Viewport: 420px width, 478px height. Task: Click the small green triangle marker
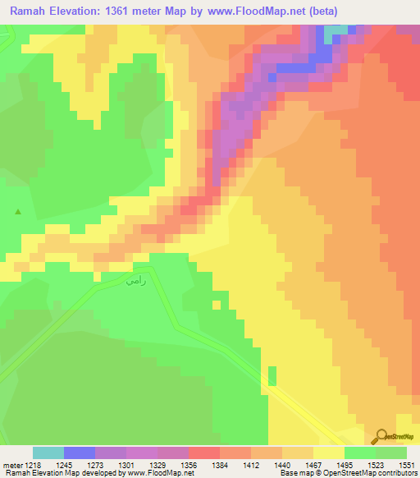[18, 212]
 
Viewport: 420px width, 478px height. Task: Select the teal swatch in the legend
[48, 453]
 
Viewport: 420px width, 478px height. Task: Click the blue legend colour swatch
[80, 453]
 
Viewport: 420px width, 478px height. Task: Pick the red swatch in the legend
[204, 453]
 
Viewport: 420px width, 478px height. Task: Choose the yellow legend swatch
[329, 453]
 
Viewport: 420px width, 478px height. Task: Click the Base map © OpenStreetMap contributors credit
[348, 473]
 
